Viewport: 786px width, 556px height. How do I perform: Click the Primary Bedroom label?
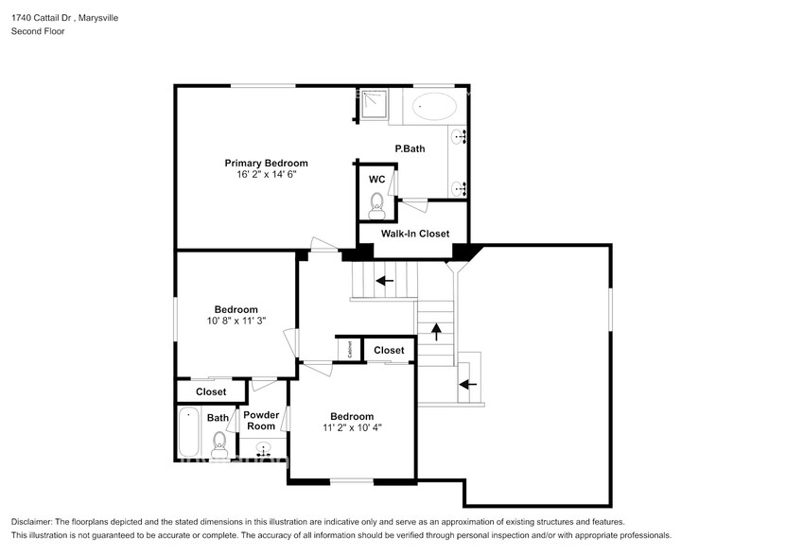(x=266, y=163)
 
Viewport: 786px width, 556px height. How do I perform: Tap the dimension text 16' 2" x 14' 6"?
(x=266, y=175)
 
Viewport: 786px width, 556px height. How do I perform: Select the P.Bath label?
(x=410, y=148)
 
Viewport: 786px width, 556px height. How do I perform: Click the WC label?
(x=376, y=179)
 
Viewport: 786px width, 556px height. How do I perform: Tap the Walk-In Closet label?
(x=414, y=234)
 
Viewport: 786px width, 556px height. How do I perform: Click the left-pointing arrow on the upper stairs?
(x=384, y=280)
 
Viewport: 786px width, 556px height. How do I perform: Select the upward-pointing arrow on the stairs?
(x=436, y=331)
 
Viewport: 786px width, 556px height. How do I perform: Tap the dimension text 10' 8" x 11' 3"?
(x=236, y=321)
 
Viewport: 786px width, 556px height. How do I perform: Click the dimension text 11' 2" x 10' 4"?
(x=351, y=427)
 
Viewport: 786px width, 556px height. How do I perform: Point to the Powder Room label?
(x=261, y=421)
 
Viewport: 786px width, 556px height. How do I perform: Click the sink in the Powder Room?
(x=263, y=450)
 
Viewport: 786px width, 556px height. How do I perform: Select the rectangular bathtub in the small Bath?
(x=189, y=435)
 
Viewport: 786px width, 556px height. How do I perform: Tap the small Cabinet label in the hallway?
(x=349, y=350)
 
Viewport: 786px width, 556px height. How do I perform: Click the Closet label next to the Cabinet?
(x=389, y=350)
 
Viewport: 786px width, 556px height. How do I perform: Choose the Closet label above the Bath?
(x=211, y=391)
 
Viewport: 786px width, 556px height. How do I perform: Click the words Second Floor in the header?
(x=38, y=31)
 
